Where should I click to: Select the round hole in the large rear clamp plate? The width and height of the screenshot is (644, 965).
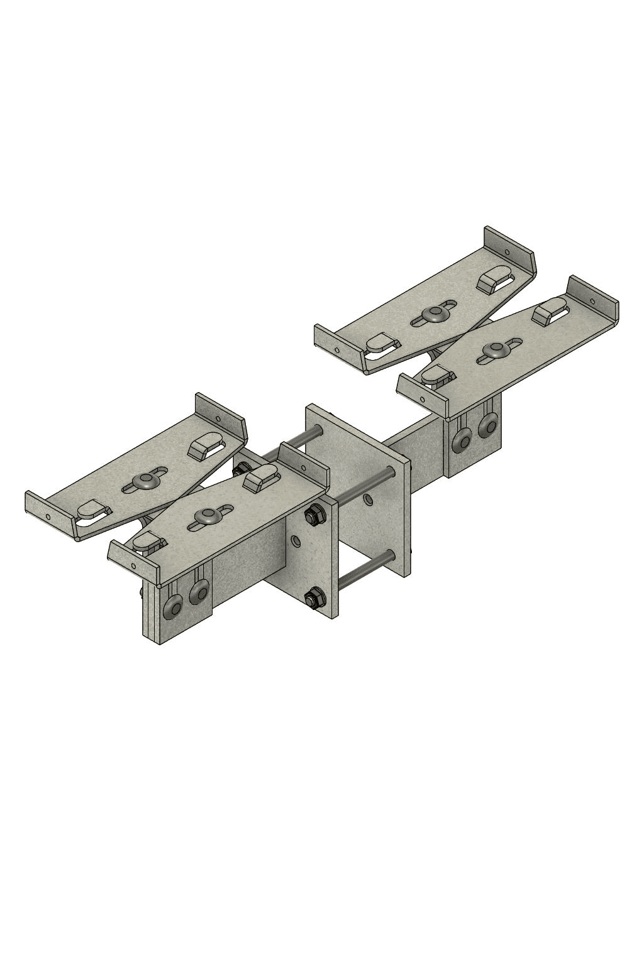pos(368,500)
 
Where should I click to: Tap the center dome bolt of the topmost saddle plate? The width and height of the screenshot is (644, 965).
pos(433,314)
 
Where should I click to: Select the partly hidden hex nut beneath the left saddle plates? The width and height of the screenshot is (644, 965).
pos(240,469)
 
